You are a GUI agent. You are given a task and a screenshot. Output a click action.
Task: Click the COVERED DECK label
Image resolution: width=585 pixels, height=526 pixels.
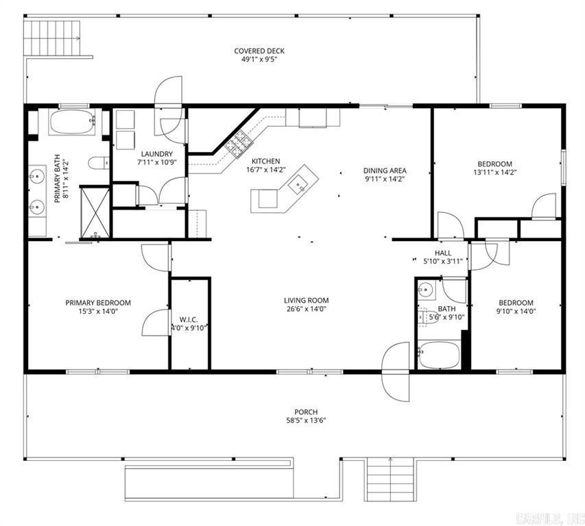point(259,51)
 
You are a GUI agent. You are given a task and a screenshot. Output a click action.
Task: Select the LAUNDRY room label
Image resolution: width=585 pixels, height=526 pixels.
point(156,154)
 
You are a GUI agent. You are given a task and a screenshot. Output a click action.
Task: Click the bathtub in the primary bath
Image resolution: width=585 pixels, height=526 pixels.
point(71,123)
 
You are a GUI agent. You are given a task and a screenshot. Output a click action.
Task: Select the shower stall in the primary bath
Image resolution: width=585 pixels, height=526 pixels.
point(95,212)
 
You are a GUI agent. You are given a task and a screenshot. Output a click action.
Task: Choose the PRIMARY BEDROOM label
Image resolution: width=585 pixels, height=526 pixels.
point(98,303)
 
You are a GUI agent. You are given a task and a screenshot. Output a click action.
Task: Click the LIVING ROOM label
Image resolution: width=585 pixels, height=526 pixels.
point(307,300)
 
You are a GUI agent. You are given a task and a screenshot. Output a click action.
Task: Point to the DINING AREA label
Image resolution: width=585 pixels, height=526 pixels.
point(385,171)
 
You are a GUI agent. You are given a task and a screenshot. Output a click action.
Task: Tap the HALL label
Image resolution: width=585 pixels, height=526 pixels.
point(442,253)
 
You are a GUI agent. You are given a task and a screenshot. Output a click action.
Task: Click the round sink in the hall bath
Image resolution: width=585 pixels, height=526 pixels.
point(425,288)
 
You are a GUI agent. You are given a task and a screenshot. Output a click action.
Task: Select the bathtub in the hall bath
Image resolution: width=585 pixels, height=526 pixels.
point(438,355)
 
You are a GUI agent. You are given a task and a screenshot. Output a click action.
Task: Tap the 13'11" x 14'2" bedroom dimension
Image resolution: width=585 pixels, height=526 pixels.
point(494,173)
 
